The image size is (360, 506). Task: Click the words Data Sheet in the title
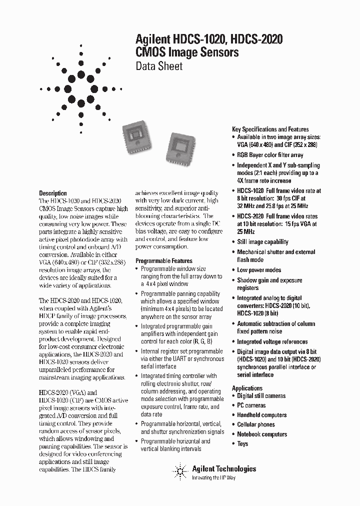click(159, 65)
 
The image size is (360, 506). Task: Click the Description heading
click(53, 193)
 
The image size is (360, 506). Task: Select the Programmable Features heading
click(163, 260)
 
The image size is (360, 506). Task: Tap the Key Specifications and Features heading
click(270, 129)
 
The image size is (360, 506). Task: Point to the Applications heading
click(247, 388)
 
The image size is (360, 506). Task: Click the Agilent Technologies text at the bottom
click(224, 468)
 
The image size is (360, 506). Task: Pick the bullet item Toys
click(242, 443)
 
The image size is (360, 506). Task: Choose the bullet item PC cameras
click(251, 405)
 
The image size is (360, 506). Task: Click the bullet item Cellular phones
click(255, 424)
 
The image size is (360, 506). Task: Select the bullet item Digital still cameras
click(261, 396)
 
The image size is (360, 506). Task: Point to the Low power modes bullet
click(258, 270)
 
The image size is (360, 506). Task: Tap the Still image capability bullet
click(262, 242)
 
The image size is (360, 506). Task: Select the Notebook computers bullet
click(261, 434)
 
